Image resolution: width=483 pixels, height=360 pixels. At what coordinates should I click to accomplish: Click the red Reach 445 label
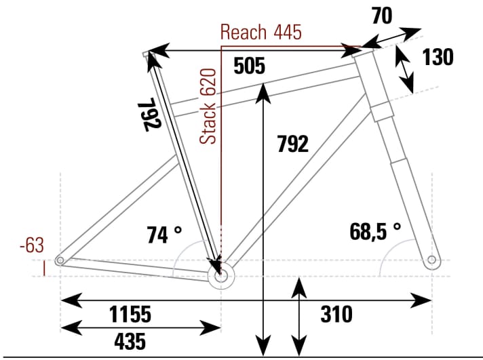point(261,32)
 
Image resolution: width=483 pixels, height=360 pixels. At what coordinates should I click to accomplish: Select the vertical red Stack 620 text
point(210,106)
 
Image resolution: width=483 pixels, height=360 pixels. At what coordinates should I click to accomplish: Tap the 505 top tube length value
point(248,66)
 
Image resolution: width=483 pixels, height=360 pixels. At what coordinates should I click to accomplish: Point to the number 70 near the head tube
point(382,16)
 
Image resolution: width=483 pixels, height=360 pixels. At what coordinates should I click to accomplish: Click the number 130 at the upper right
point(438,58)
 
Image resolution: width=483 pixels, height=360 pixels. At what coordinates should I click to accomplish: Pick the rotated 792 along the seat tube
point(151,116)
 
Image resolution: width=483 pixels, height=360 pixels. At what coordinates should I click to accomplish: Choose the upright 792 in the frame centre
point(292,144)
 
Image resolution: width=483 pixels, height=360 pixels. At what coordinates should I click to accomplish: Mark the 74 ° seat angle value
point(164,235)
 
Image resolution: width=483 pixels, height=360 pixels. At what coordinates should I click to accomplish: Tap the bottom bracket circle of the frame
point(220,277)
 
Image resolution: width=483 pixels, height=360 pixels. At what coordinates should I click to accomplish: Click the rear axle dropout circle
point(61,260)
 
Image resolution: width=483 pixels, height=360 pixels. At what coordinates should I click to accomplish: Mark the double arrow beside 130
point(405,69)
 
